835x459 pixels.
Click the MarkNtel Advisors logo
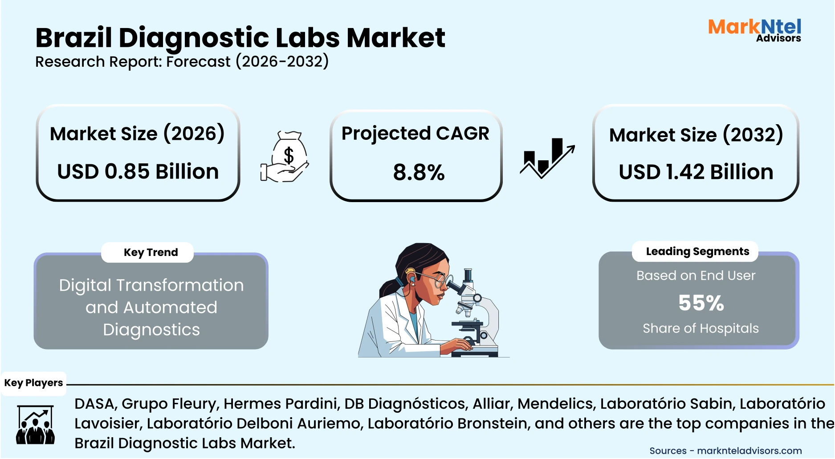[x=754, y=30]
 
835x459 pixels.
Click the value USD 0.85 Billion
[x=138, y=172]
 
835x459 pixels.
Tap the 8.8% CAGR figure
[x=419, y=172]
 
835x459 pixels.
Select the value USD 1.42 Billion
[x=696, y=172]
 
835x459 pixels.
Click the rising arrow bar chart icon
[x=547, y=158]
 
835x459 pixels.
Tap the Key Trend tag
[x=151, y=252]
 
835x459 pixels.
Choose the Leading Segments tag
[x=697, y=252]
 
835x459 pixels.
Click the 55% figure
[x=701, y=303]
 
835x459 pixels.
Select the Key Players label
[x=33, y=383]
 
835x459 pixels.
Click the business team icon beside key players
[x=35, y=425]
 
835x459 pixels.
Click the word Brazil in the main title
[x=73, y=38]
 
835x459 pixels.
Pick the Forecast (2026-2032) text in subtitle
[x=247, y=61]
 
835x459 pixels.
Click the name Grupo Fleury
[x=170, y=404]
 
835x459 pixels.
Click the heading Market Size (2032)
[x=696, y=135]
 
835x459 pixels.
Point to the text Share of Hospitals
[x=701, y=329]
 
